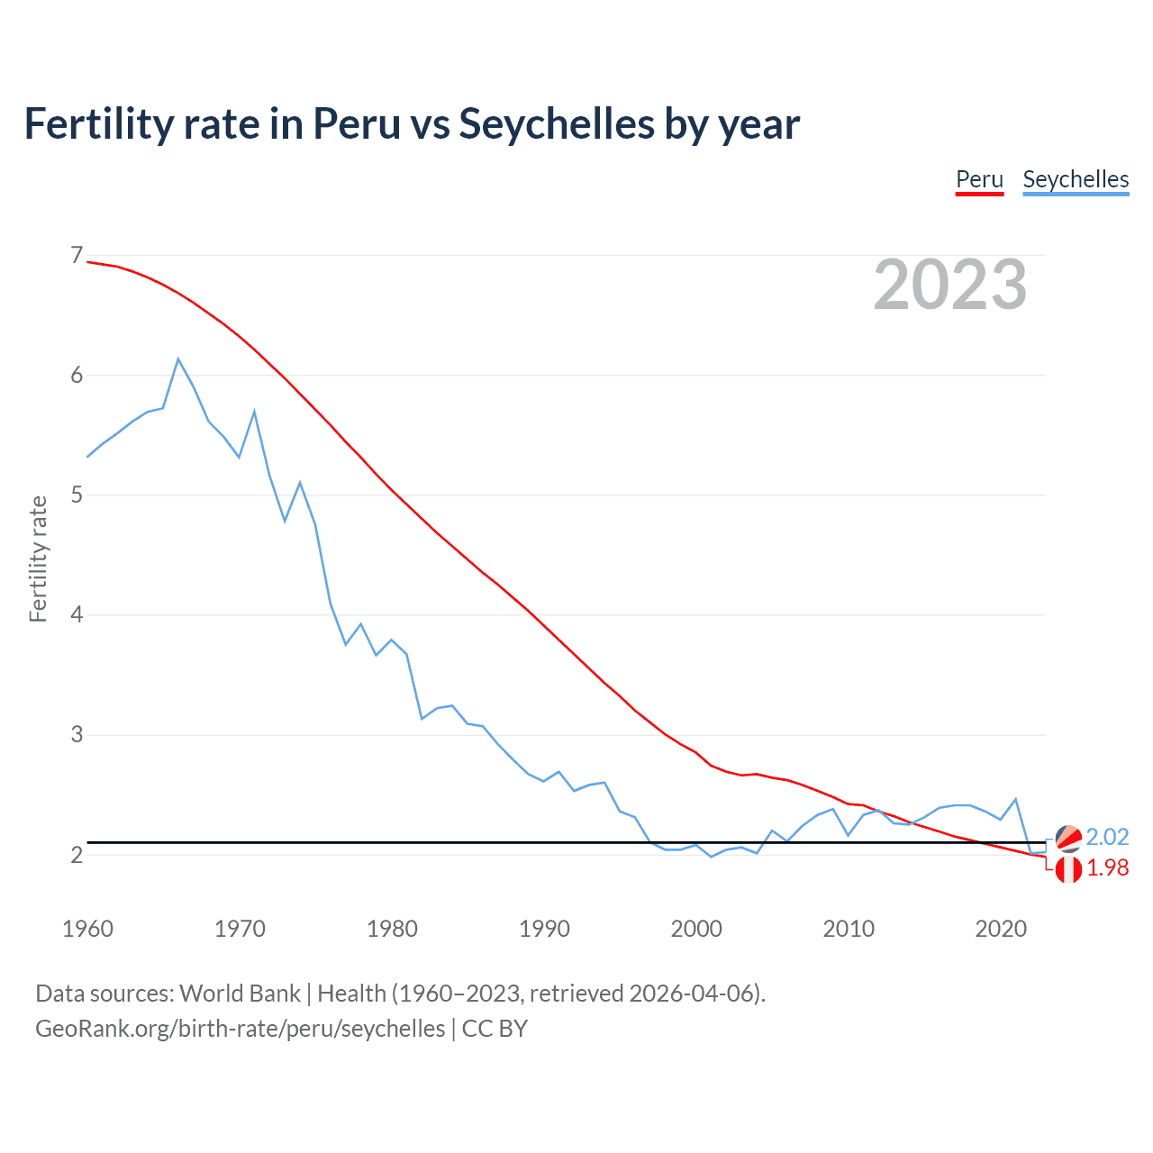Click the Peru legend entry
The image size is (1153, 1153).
point(979,179)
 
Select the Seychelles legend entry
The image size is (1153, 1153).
point(1076,179)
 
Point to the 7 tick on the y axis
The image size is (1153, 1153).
point(77,256)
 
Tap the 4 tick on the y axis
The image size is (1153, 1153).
point(77,615)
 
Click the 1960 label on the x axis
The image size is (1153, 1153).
point(87,929)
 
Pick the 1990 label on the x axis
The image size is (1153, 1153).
point(544,929)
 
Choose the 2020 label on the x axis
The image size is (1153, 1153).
point(1001,929)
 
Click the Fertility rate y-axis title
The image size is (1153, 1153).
point(38,558)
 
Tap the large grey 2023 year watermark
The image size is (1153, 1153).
point(949,285)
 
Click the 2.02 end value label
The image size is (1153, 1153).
point(1107,837)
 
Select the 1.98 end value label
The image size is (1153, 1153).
point(1107,867)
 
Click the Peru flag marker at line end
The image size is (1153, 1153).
point(1068,870)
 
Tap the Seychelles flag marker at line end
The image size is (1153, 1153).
point(1068,839)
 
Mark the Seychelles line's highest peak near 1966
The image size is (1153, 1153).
point(178,359)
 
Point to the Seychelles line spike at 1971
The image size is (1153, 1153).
point(255,412)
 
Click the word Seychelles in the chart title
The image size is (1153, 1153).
point(556,123)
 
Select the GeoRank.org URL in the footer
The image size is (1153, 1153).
point(240,1029)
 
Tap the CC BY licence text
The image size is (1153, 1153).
point(495,1029)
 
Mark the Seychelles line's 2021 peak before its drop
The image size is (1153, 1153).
point(1016,799)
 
